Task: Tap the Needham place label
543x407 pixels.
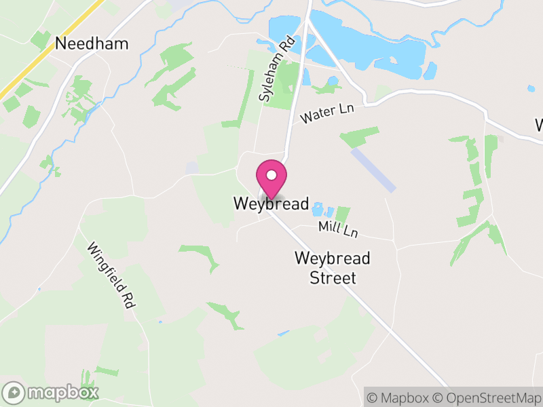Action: click(x=92, y=44)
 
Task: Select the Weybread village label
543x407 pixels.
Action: click(x=271, y=203)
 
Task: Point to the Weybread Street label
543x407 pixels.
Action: click(x=333, y=268)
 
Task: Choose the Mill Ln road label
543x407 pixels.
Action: click(x=338, y=229)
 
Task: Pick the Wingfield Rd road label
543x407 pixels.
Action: click(x=110, y=275)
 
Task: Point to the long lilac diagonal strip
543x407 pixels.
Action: click(x=373, y=170)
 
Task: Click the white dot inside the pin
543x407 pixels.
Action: click(x=271, y=175)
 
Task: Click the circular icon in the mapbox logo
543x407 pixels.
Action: click(x=14, y=392)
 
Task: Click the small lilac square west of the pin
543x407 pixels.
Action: click(x=193, y=167)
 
